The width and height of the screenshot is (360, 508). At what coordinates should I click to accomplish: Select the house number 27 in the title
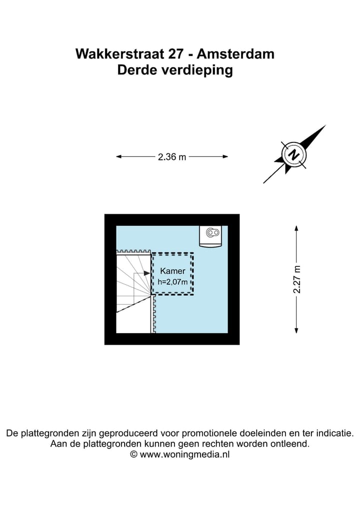tap(175, 54)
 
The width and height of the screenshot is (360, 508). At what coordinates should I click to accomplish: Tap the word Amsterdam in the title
tap(235, 54)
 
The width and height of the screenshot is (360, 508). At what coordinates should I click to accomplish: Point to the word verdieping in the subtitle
tap(197, 70)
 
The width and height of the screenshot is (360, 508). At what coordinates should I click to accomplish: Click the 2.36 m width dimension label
tap(172, 157)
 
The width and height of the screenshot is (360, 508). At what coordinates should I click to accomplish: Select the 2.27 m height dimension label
tap(297, 279)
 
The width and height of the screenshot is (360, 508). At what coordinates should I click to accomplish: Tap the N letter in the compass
tap(294, 154)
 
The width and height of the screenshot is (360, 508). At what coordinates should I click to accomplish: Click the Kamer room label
tap(172, 271)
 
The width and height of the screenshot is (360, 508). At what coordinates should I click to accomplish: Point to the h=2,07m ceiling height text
tap(172, 282)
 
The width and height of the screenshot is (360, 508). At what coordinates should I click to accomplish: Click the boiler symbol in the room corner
tap(211, 236)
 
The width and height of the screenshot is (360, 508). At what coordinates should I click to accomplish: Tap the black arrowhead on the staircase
tap(147, 273)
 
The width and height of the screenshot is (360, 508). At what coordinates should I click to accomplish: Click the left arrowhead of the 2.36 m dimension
tap(118, 156)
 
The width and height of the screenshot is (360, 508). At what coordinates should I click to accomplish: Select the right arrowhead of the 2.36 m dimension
tap(225, 156)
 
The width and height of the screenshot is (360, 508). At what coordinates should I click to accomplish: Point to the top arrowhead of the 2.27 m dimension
tap(296, 228)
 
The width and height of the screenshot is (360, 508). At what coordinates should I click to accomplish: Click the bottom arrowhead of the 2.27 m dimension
tap(296, 331)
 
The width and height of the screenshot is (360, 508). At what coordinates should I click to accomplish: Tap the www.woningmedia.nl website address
tap(185, 455)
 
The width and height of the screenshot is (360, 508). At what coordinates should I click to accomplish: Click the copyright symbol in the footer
tap(133, 455)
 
